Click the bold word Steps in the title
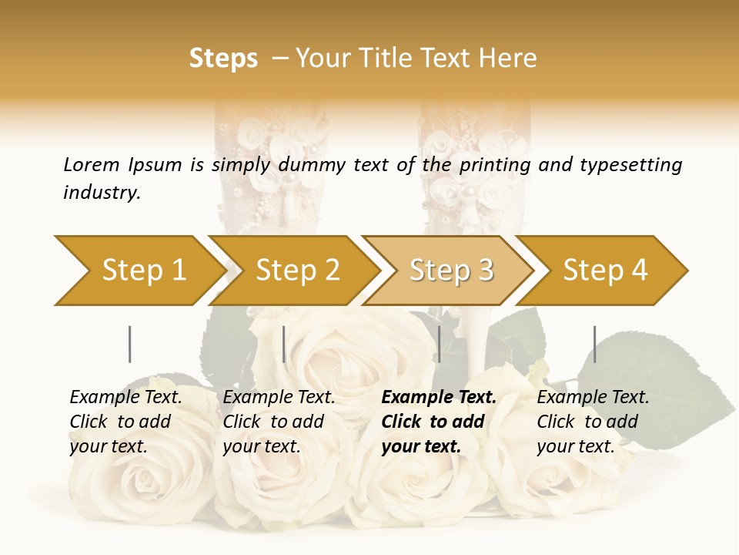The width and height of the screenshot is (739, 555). click(x=223, y=59)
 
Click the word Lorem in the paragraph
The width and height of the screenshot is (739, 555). click(x=91, y=164)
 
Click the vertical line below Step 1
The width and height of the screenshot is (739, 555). click(x=129, y=344)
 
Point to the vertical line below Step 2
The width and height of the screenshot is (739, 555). click(x=284, y=344)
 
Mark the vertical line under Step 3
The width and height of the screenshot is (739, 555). click(x=439, y=344)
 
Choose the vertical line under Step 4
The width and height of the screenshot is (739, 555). click(x=594, y=344)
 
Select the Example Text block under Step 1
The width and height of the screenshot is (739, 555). click(x=125, y=422)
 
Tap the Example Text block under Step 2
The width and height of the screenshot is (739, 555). click(x=279, y=422)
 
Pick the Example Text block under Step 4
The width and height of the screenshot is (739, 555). click(x=593, y=422)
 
